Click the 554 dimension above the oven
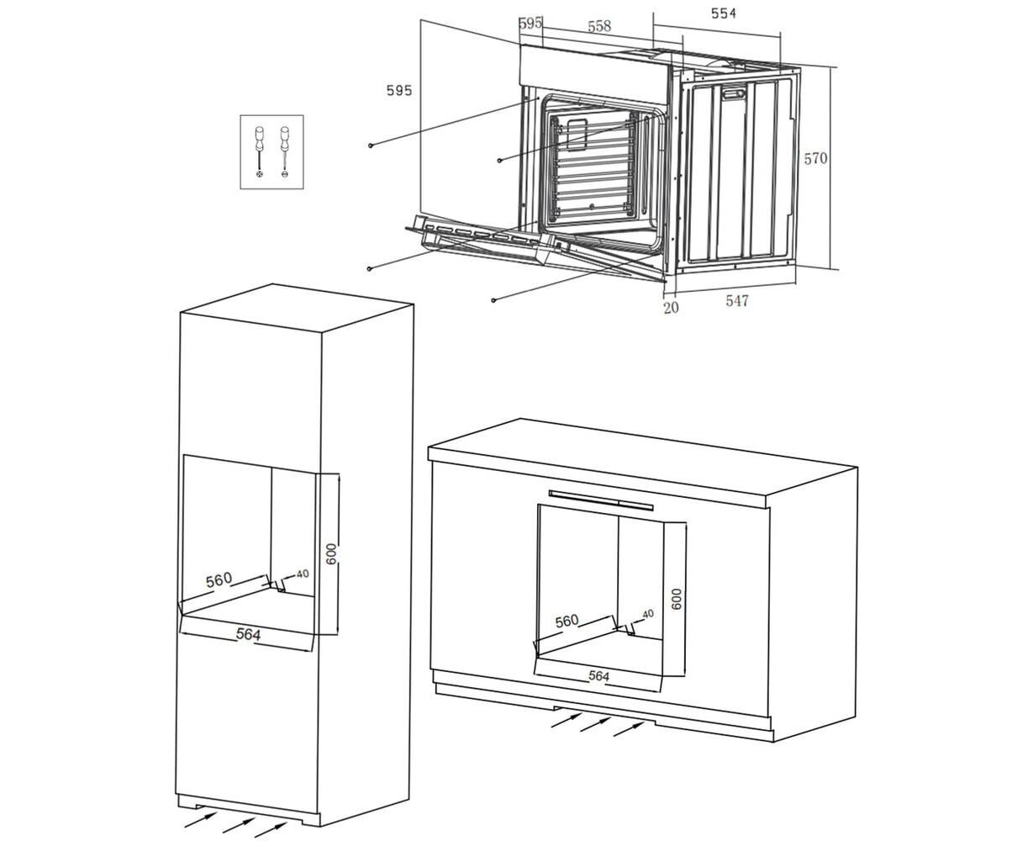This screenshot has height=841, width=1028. coord(724,13)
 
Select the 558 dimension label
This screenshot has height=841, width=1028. coord(599,26)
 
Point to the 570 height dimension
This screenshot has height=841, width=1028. coord(815,158)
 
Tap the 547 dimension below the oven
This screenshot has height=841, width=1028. coord(736,301)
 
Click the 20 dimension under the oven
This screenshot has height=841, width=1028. coord(671,308)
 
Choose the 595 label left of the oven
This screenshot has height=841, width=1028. coord(399,90)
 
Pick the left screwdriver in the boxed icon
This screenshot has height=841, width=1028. coord(259,151)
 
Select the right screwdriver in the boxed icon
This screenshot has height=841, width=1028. coord(285,151)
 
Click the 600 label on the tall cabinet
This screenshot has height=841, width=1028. coord(331,554)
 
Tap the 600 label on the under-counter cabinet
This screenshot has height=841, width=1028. coord(677,599)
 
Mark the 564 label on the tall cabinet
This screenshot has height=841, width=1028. coord(248,634)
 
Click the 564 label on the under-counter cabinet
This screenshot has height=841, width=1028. coord(598,676)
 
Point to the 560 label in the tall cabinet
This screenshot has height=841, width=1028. coord(219,580)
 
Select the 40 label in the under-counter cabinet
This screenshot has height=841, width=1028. coord(648,614)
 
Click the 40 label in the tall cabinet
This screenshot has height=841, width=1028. coord(303,574)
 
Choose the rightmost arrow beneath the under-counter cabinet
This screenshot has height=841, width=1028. coord(629,729)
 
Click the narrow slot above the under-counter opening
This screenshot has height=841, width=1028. coord(600,500)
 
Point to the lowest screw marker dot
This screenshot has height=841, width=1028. coord(493,300)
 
